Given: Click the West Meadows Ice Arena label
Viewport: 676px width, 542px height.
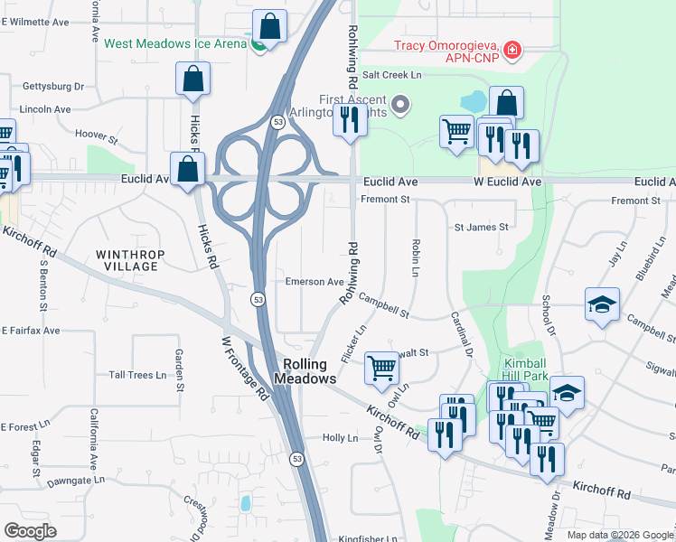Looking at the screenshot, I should [175, 43].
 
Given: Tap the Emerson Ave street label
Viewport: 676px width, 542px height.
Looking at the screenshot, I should [315, 282].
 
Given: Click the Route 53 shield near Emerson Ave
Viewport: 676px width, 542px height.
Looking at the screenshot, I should [257, 298].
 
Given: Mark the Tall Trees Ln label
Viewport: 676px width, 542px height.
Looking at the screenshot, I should [137, 375].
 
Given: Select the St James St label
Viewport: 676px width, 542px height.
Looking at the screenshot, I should [481, 227].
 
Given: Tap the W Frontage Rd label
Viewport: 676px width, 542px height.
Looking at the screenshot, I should [243, 369].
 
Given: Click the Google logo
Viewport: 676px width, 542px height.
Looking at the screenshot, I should [30, 530].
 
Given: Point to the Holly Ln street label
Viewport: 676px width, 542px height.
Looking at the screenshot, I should [341, 438].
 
